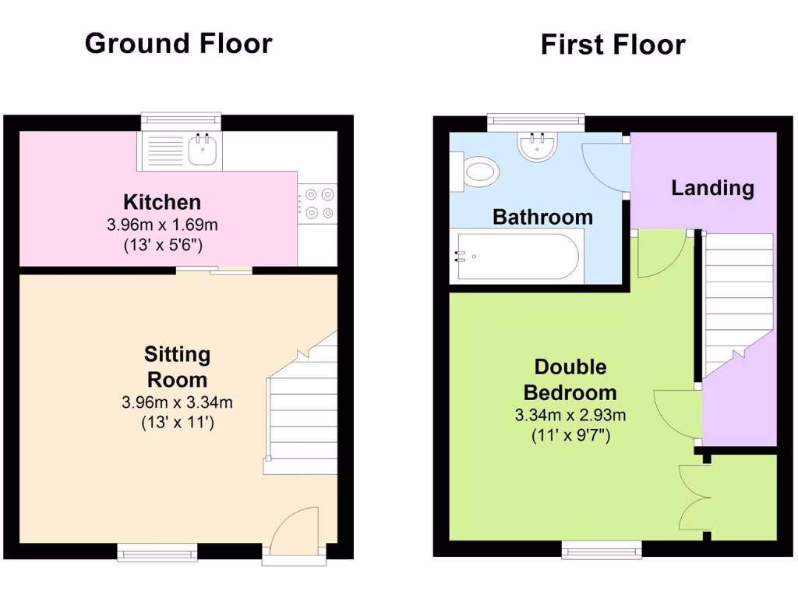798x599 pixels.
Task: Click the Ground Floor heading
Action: (178, 43)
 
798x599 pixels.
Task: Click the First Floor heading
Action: (613, 44)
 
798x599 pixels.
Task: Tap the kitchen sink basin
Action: (203, 150)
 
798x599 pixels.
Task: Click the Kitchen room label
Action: (163, 203)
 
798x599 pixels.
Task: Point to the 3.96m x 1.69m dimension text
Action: (163, 225)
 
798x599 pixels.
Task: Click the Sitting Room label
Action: (178, 367)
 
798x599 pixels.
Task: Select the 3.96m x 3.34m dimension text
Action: (178, 403)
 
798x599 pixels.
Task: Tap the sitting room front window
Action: (157, 552)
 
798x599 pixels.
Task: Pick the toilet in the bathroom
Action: (477, 170)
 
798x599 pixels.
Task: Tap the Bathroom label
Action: (542, 217)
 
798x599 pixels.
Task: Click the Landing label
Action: (712, 188)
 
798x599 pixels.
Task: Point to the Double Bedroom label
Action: (570, 379)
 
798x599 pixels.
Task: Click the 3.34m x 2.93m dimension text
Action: (570, 415)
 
